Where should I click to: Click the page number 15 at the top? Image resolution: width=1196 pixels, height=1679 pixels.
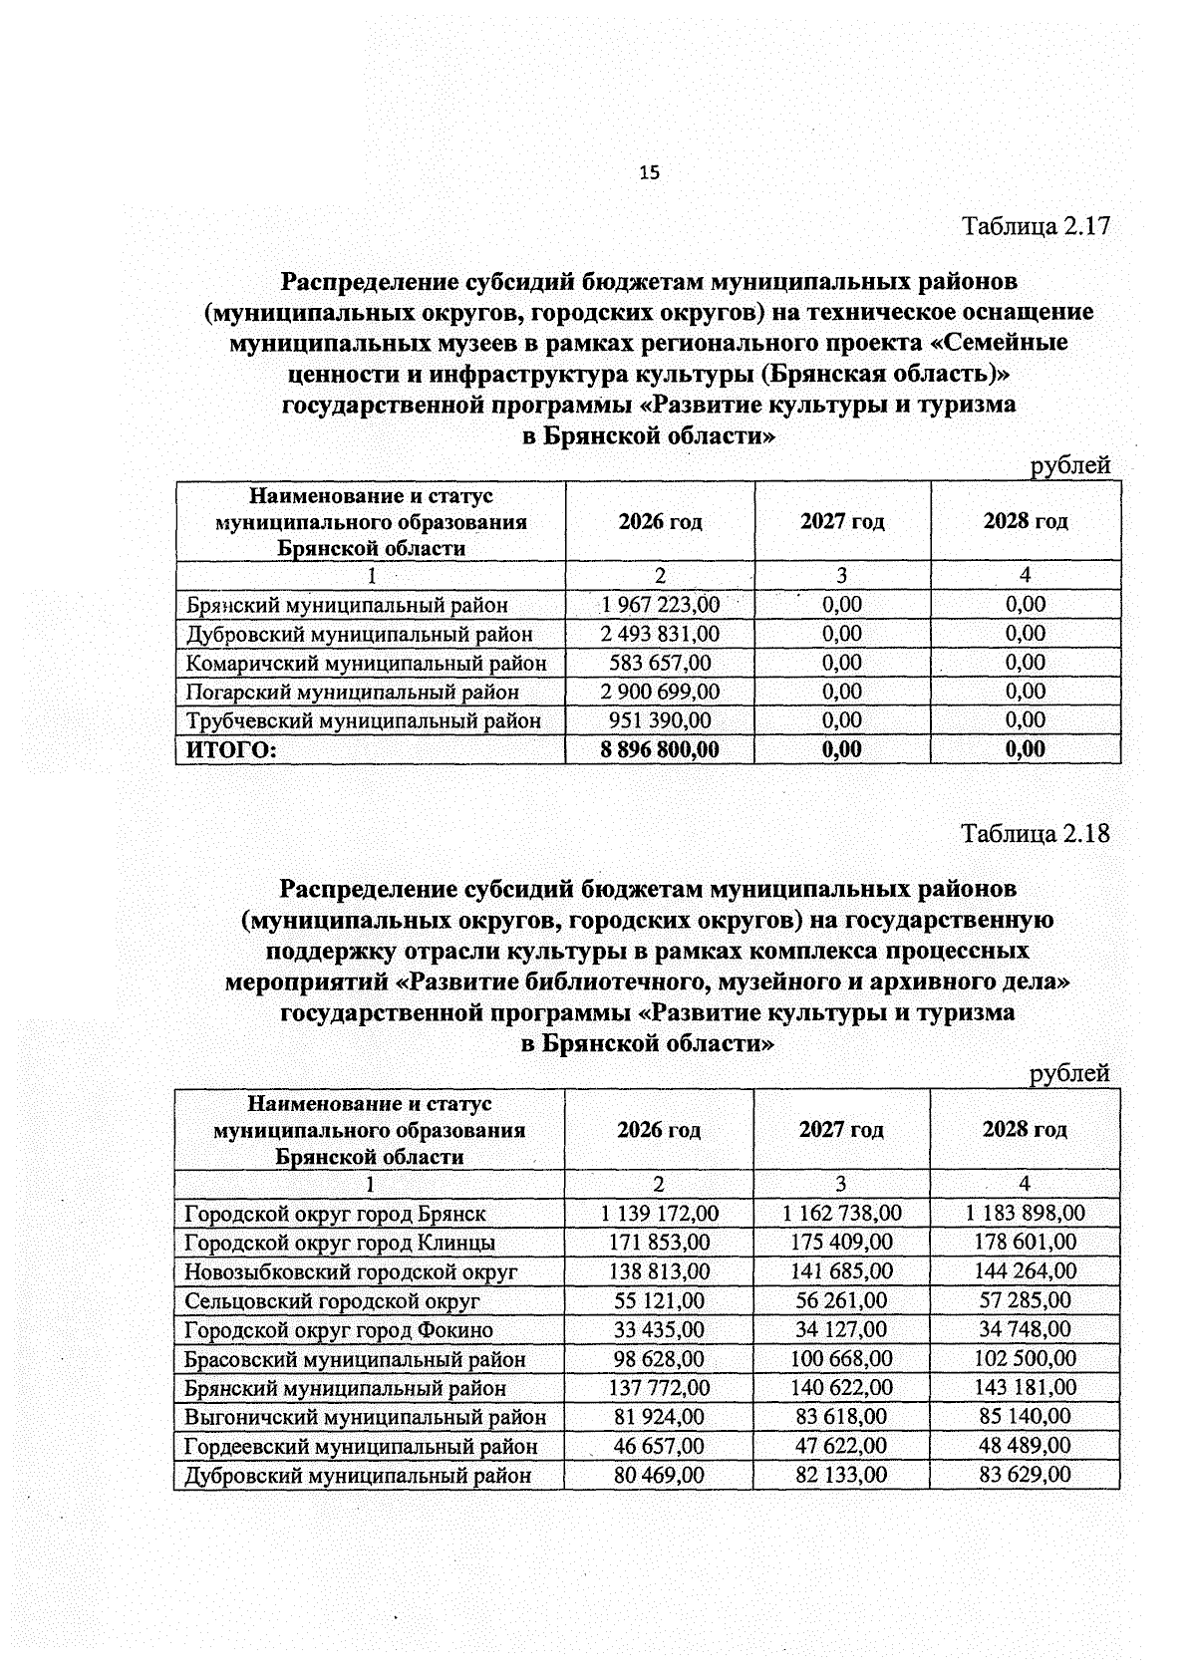(649, 173)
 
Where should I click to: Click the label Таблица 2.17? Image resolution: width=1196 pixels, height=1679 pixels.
(1035, 226)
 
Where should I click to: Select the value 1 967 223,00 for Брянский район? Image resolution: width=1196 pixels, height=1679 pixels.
(660, 605)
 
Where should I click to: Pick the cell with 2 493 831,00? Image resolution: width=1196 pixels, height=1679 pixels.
(660, 634)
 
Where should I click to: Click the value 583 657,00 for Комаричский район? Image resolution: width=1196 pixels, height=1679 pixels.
(660, 663)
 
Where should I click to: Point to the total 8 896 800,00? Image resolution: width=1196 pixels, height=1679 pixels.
(660, 749)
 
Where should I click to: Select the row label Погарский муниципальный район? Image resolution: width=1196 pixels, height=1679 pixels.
(353, 692)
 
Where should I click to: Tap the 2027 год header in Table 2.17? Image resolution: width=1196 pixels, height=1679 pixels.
(842, 521)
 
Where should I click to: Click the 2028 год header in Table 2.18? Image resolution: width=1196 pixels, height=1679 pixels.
(1025, 1129)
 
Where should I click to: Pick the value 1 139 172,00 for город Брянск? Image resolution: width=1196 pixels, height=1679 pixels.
(659, 1214)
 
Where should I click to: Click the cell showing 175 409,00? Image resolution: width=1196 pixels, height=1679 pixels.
(841, 1243)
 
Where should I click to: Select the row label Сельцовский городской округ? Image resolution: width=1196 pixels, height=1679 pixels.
(332, 1301)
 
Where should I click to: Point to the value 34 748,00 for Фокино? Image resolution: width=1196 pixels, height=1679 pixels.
(1025, 1330)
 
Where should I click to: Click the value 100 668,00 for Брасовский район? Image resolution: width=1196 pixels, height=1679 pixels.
(841, 1359)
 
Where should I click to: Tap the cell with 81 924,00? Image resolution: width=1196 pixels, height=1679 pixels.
(659, 1417)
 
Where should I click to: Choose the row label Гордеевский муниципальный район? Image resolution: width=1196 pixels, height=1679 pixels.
(361, 1446)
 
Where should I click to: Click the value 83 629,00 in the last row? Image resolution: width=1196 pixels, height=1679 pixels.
(1025, 1475)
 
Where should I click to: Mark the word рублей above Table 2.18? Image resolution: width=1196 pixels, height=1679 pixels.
(1068, 1073)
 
